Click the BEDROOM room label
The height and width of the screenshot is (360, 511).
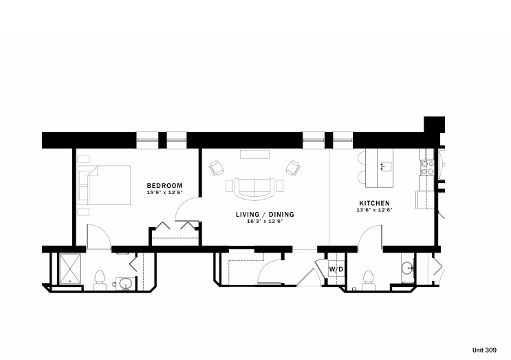point(164,186)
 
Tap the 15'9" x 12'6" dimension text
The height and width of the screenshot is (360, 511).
point(164,193)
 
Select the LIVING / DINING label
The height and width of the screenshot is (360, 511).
point(265,214)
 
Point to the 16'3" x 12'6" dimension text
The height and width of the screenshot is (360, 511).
point(265,221)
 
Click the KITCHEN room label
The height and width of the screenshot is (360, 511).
point(375,203)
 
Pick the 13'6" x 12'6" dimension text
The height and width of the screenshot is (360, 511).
point(375,210)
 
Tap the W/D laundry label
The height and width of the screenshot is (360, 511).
point(336,269)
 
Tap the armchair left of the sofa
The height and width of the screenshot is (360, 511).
point(217,167)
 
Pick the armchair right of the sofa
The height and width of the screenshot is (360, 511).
point(294,167)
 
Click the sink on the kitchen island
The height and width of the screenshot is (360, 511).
point(384,165)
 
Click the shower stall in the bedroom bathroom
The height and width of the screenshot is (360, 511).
point(70,268)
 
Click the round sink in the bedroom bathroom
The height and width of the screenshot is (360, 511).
point(125,282)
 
